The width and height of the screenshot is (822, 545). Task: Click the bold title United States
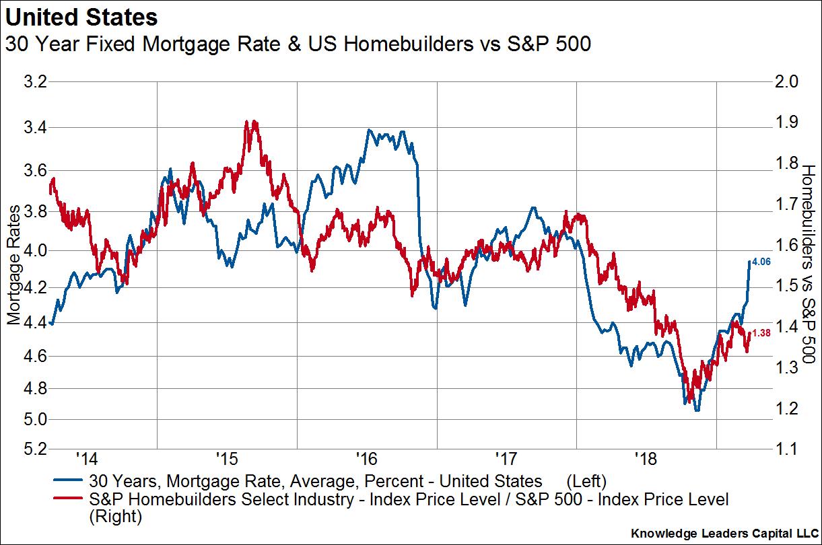79,16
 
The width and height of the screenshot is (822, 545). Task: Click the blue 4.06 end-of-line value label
761,262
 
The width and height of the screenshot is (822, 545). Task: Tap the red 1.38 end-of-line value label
761,332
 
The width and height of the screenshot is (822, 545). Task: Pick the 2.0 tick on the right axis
786,82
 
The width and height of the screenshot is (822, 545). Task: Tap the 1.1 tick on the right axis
786,449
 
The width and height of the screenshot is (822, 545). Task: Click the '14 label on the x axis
86,460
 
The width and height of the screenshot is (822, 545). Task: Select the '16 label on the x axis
366,460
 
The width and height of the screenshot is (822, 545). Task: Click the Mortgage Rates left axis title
13,266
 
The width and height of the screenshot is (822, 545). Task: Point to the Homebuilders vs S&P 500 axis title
807,266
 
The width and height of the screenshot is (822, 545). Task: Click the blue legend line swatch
65,480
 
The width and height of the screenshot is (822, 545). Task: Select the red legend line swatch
65,499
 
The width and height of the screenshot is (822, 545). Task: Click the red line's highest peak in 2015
248,122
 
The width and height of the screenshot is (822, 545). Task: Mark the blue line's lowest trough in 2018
696,410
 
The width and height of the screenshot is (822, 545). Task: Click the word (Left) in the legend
586,481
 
